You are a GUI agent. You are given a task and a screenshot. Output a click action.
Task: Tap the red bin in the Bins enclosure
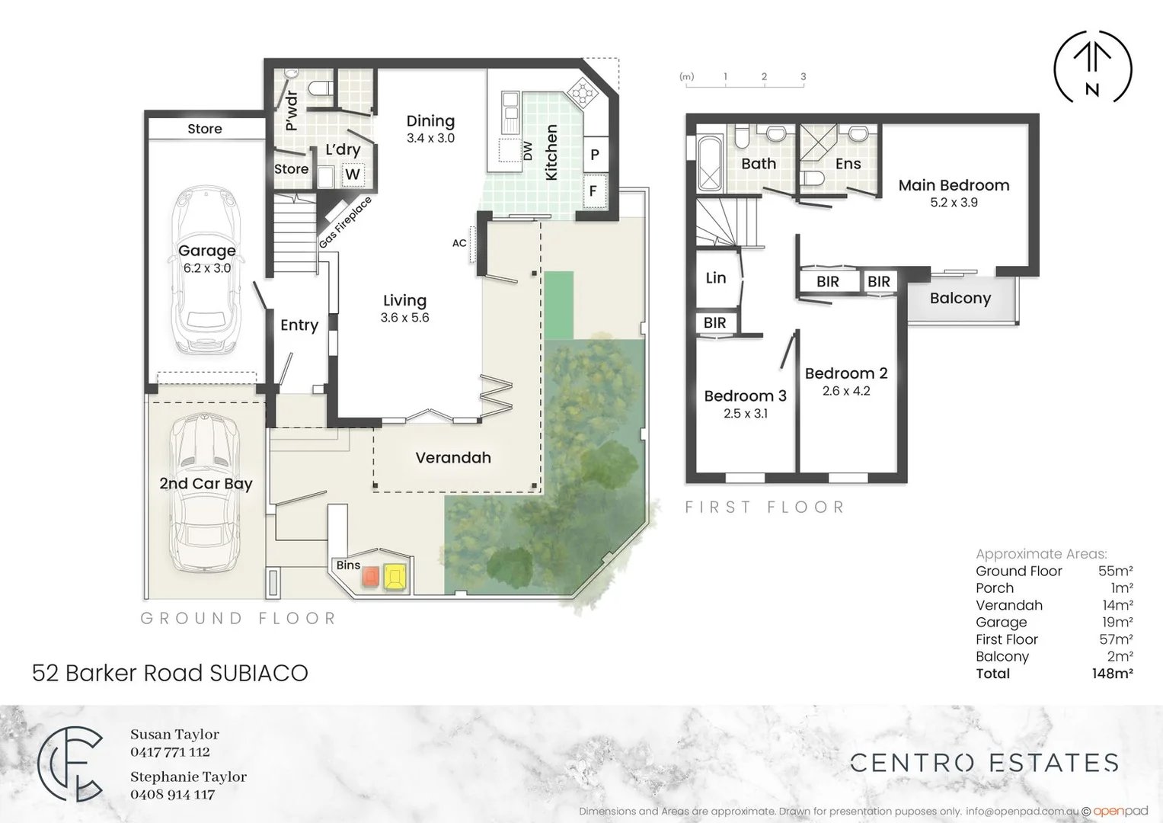[x=370, y=577]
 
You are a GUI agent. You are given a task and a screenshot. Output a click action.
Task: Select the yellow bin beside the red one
[x=395, y=577]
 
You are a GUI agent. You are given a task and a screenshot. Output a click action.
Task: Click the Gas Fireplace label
[x=345, y=222]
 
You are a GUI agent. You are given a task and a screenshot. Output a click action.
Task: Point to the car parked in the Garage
[x=206, y=271]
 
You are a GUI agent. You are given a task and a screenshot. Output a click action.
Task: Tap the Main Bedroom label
[x=954, y=185]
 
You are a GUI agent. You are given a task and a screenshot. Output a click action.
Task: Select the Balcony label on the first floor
[x=960, y=299]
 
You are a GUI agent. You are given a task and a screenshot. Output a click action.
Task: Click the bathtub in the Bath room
[x=710, y=163]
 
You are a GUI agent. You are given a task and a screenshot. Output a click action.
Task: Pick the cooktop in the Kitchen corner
[x=583, y=91]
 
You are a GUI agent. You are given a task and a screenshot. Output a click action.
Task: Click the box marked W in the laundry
[x=352, y=175]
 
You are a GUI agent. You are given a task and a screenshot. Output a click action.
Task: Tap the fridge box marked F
[x=593, y=191]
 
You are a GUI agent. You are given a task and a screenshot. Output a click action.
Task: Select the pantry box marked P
[x=594, y=155]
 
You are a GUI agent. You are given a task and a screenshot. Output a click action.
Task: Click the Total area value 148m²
[x=1112, y=674]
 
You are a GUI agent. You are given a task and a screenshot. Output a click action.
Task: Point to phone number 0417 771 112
[x=170, y=752]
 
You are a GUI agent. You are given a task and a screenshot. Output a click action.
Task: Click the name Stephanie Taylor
[x=188, y=777]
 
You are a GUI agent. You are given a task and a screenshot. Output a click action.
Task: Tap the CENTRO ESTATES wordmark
[x=984, y=763]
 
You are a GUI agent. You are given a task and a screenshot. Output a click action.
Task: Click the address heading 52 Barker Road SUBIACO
[x=170, y=673]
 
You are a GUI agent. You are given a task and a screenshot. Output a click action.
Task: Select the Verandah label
[x=453, y=458]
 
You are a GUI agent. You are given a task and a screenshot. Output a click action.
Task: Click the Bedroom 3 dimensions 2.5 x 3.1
[x=745, y=414]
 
